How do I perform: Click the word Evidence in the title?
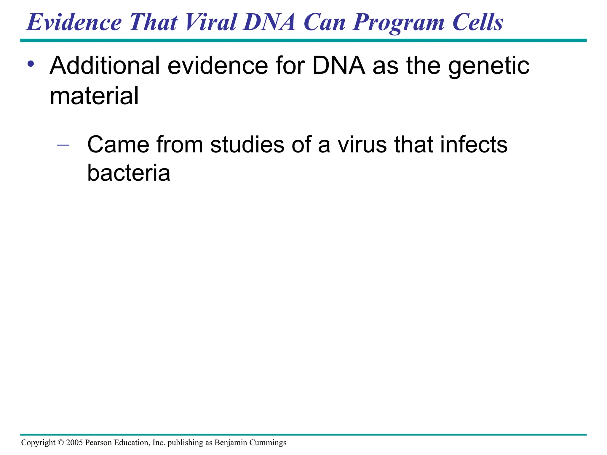74,22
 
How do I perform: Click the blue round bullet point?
31,64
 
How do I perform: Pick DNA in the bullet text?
338,65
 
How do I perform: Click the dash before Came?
63,145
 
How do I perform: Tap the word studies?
247,145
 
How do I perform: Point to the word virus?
362,145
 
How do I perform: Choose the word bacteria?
129,173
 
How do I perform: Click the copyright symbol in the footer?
60,443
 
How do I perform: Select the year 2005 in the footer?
74,443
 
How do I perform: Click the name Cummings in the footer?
268,443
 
